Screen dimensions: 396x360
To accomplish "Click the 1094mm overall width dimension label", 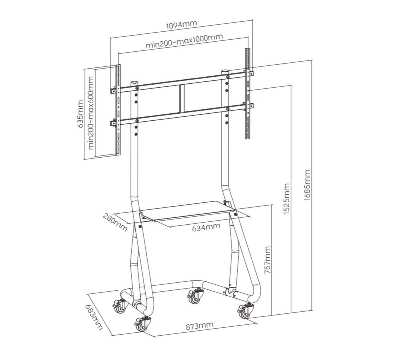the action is tap(181, 25).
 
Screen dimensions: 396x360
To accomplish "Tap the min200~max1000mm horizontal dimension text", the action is tap(185, 41).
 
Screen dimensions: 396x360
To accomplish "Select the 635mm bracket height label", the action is tap(81, 114).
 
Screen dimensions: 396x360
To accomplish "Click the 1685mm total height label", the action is tap(307, 185).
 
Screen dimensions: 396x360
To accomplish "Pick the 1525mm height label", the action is tap(286, 199).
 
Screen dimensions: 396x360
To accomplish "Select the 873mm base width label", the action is tap(199, 326).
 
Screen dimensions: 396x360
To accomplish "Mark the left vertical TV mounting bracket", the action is tap(118, 110).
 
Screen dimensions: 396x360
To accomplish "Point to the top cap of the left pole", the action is tap(134, 83).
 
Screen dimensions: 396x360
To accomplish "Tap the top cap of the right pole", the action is tap(225, 72).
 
